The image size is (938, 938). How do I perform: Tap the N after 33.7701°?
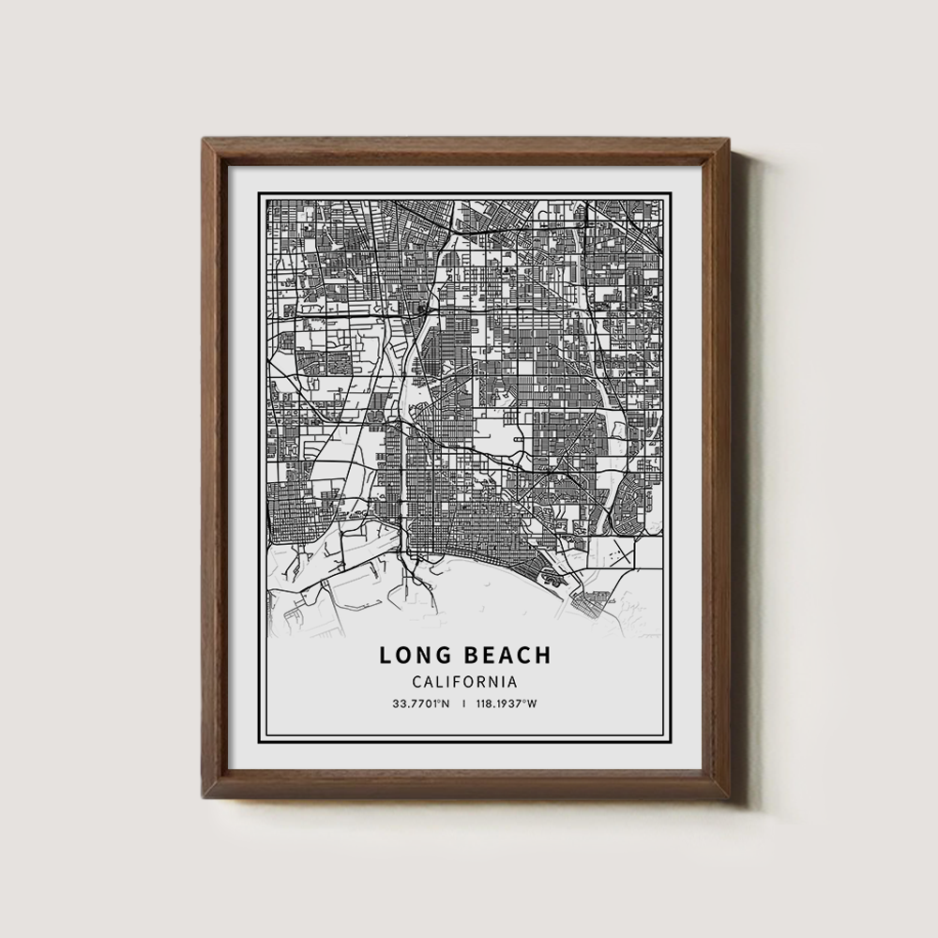click(446, 704)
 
